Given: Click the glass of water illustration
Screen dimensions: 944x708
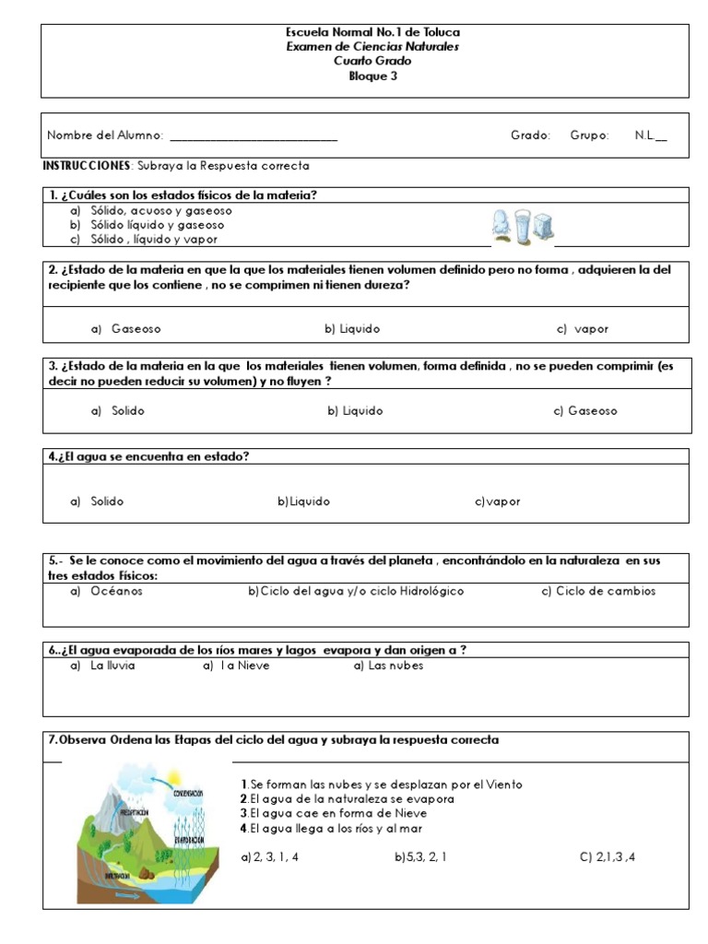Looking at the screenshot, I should (523, 226).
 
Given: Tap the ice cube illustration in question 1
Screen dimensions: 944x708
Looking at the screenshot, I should (543, 226).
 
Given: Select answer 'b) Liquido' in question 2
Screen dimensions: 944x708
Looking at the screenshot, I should (352, 329).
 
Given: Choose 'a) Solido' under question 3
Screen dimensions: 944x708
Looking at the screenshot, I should (118, 411).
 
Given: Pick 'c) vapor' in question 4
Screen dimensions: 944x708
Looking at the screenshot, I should (498, 502).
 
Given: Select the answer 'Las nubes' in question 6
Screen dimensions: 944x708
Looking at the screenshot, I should (388, 665).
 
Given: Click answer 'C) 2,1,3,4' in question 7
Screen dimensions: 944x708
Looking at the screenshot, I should (608, 856).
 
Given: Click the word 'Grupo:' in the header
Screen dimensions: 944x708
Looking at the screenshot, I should (589, 136).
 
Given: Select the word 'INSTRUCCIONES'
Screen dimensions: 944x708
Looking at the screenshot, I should (88, 166).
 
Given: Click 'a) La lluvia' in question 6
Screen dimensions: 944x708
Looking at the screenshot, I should (102, 665).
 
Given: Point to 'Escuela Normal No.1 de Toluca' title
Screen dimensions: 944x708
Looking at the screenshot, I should (372, 32).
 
